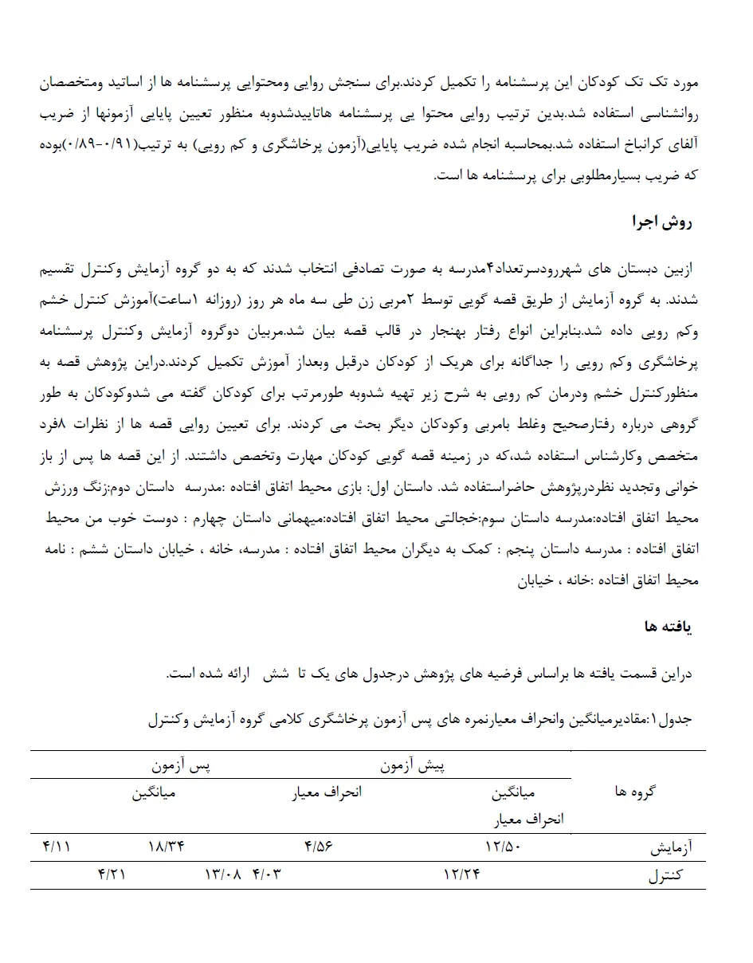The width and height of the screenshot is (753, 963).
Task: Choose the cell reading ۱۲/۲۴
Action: click(461, 875)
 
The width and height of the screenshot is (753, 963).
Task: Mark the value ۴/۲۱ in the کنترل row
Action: click(112, 875)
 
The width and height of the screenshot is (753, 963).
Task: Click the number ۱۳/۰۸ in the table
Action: click(223, 875)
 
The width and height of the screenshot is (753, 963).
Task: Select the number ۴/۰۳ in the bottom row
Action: click(267, 875)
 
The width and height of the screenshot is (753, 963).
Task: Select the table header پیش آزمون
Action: click(412, 766)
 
